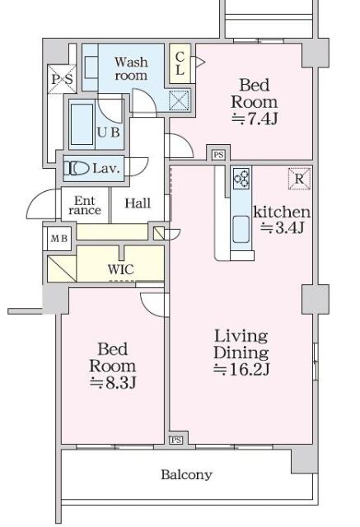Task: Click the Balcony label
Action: tap(186, 474)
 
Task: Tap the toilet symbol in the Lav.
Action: tap(77, 168)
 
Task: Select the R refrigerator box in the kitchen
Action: tap(299, 179)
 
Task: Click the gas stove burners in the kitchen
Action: tap(241, 179)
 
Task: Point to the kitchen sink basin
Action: tap(241, 229)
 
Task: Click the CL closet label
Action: tap(180, 63)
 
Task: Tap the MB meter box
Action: tap(59, 239)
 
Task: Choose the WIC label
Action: tap(120, 269)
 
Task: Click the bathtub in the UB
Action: tap(82, 124)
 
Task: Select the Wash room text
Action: tap(131, 68)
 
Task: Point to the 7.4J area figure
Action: tap(255, 119)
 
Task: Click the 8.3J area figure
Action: tap(113, 382)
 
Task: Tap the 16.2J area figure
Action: tap(241, 370)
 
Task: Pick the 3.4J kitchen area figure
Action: tap(283, 228)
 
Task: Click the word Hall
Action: tap(138, 203)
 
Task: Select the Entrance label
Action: tap(85, 205)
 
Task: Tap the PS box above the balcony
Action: tap(175, 440)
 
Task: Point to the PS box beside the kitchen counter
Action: tap(218, 155)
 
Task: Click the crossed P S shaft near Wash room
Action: tap(62, 79)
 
